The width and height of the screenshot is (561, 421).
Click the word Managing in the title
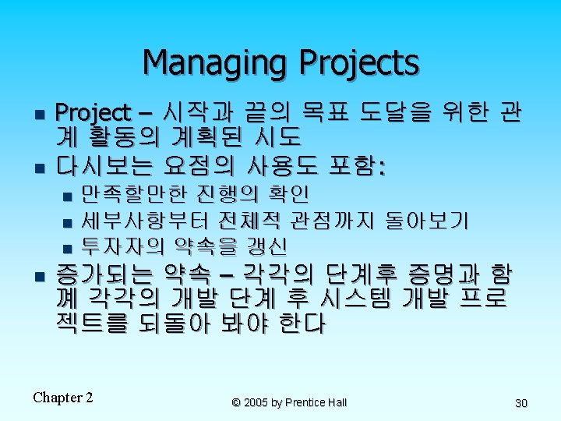click(x=215, y=62)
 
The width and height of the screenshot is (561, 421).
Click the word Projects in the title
click(x=359, y=62)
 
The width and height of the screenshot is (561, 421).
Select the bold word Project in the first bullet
click(x=93, y=114)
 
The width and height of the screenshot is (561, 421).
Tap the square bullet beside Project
click(x=40, y=115)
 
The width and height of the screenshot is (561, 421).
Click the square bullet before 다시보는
click(x=40, y=168)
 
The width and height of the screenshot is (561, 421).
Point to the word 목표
click(x=325, y=112)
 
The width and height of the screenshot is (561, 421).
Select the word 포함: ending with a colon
click(x=357, y=166)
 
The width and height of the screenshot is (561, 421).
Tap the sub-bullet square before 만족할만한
click(x=67, y=196)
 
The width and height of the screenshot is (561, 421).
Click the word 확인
click(x=288, y=193)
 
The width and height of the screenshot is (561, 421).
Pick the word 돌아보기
click(x=426, y=220)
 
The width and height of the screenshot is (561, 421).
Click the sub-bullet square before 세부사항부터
click(x=67, y=223)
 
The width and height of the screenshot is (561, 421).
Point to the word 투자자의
click(x=123, y=246)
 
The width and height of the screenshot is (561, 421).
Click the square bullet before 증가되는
click(x=40, y=276)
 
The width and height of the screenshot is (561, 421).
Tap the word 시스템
click(x=355, y=298)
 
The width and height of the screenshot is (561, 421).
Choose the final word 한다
click(x=302, y=323)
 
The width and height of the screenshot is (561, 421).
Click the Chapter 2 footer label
click(x=63, y=398)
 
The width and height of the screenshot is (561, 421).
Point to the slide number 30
click(x=521, y=403)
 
